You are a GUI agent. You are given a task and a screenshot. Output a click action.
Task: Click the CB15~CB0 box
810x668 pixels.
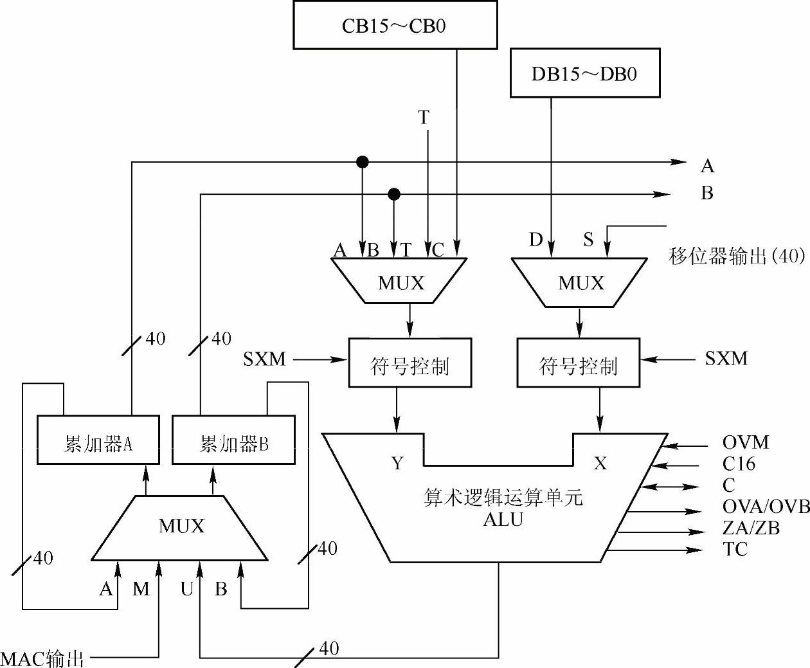click(395, 25)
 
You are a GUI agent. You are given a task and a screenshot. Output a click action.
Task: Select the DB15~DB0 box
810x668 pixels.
click(584, 73)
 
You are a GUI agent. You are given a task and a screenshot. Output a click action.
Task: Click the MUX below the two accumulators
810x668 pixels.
click(181, 527)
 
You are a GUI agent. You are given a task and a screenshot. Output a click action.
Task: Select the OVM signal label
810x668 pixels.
click(745, 443)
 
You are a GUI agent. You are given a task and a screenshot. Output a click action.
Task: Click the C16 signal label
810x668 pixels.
click(739, 464)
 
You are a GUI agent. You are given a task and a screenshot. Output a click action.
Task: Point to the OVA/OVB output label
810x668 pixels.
click(766, 507)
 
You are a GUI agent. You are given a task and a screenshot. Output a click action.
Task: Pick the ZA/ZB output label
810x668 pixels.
click(751, 528)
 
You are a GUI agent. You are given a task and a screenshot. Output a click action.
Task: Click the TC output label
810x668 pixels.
click(735, 549)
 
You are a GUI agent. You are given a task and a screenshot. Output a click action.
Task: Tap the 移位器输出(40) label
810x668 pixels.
click(737, 257)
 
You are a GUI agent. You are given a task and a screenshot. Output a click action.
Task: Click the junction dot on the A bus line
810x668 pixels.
click(363, 162)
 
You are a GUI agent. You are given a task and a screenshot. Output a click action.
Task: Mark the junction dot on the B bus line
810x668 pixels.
click(394, 194)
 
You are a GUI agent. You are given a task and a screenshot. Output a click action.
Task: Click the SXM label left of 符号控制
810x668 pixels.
click(264, 359)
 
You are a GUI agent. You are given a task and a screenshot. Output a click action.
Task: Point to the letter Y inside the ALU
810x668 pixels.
click(398, 463)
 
